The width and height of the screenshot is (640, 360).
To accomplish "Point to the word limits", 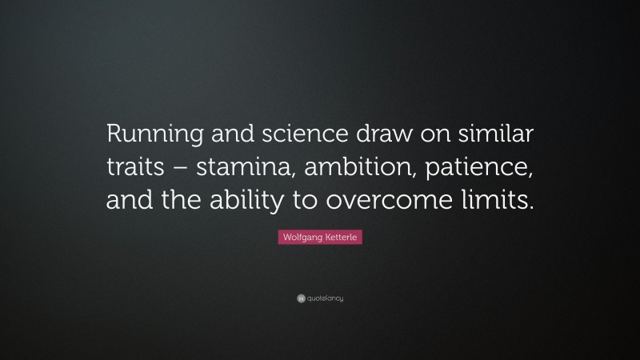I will (x=495, y=202).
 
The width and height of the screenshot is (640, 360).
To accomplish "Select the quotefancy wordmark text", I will (x=325, y=298).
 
